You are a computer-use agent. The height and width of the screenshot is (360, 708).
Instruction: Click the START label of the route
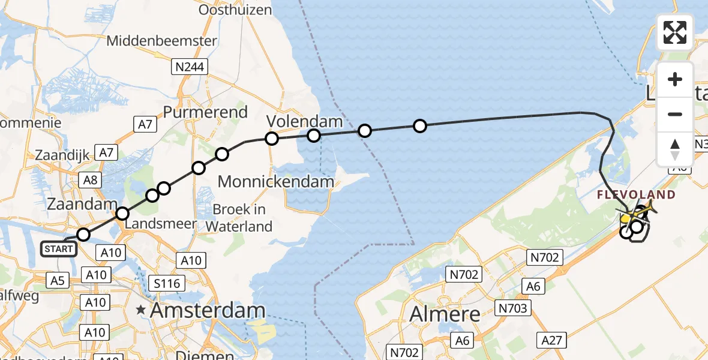pyautogui.click(x=58, y=248)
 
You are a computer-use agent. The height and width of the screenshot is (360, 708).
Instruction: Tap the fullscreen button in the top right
pyautogui.click(x=675, y=32)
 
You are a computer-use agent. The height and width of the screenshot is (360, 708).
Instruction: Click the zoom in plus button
pyautogui.click(x=675, y=80)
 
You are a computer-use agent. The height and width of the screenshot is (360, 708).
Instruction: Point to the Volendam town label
pyautogui.click(x=304, y=121)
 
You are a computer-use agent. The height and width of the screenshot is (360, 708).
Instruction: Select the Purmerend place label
pyautogui.click(x=205, y=112)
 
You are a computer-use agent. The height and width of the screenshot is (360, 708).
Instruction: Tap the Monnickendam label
pyautogui.click(x=276, y=181)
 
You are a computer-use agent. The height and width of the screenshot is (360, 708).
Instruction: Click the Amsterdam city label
pyautogui.click(x=208, y=310)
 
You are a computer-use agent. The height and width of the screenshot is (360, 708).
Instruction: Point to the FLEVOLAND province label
pyautogui.click(x=636, y=195)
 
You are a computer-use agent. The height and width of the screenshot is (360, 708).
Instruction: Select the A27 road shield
pyautogui.click(x=551, y=341)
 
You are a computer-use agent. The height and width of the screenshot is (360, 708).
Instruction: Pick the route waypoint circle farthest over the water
pyautogui.click(x=420, y=126)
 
